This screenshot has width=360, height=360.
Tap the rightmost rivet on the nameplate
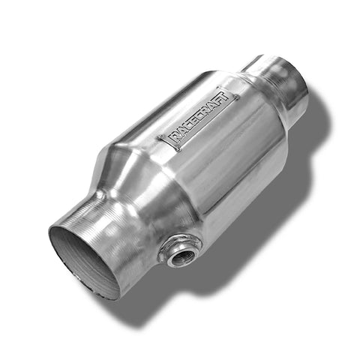tap(236, 96)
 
